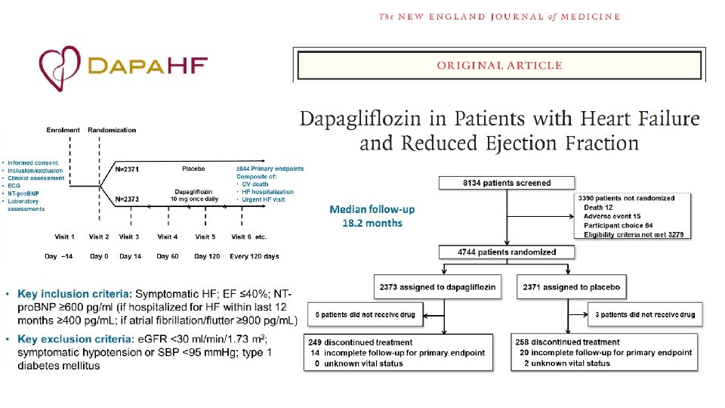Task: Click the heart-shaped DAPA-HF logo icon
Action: [60, 69]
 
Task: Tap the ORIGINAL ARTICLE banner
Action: [499, 65]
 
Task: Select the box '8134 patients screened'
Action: [507, 183]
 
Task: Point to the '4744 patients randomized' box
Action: [507, 252]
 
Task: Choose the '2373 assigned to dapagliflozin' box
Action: [437, 287]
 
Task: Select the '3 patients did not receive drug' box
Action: [646, 314]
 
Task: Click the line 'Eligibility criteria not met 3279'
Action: [634, 234]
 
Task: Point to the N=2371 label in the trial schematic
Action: [127, 169]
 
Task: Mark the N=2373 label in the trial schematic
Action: [127, 200]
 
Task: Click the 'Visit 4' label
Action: [167, 236]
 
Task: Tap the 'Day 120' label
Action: [205, 256]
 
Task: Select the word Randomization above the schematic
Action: [112, 130]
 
